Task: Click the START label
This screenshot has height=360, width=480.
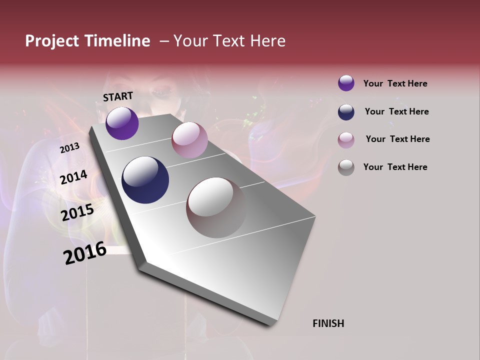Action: (118, 96)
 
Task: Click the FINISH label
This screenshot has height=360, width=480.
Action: (328, 323)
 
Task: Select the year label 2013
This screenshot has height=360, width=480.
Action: (69, 148)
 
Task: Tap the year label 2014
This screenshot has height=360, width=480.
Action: (73, 177)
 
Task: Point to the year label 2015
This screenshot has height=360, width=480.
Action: (77, 213)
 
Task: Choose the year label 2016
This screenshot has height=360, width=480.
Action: (85, 253)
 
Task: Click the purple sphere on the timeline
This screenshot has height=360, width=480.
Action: (122, 123)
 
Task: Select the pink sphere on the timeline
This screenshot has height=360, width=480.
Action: (189, 140)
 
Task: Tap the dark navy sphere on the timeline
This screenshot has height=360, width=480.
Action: (145, 180)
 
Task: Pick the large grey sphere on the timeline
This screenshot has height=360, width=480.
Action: (216, 207)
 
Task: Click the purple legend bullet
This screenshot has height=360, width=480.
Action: (346, 83)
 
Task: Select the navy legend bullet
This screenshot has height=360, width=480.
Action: (346, 111)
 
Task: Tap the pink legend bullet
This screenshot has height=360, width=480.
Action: (346, 139)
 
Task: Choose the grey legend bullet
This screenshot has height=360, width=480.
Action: (346, 167)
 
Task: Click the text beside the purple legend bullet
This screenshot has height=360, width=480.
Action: (395, 83)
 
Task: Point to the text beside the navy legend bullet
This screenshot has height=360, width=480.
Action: (396, 111)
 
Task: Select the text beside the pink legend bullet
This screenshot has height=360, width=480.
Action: (397, 139)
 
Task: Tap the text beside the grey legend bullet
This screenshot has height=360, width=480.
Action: (395, 167)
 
